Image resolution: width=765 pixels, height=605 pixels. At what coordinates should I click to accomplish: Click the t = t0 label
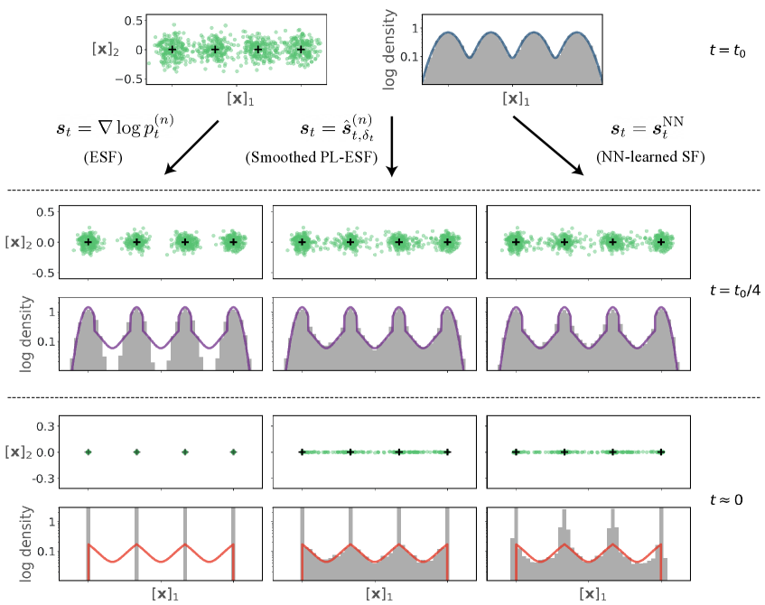[727, 51]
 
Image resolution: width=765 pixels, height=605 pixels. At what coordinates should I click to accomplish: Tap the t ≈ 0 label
[727, 498]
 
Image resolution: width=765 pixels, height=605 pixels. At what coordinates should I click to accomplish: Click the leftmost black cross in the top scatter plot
[172, 50]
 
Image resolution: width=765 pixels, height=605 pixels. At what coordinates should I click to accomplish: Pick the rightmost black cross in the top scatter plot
[301, 50]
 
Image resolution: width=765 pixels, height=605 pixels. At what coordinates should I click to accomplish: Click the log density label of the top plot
[390, 52]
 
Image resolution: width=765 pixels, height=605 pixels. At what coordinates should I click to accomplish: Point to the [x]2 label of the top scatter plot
[107, 50]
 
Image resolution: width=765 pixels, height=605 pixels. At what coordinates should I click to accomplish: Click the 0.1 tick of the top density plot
[410, 56]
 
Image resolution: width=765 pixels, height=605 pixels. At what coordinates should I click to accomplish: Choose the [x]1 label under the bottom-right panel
[592, 594]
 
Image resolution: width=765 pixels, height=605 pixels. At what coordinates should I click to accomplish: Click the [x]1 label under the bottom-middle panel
[379, 594]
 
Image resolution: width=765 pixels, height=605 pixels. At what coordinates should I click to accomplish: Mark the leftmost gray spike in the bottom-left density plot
[89, 542]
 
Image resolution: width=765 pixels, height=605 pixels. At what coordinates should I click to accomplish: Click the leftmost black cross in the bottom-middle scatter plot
[302, 452]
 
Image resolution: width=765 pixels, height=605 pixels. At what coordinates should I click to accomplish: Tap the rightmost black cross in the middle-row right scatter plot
[662, 242]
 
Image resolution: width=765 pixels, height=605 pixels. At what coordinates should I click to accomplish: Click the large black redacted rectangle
[382, 147]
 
